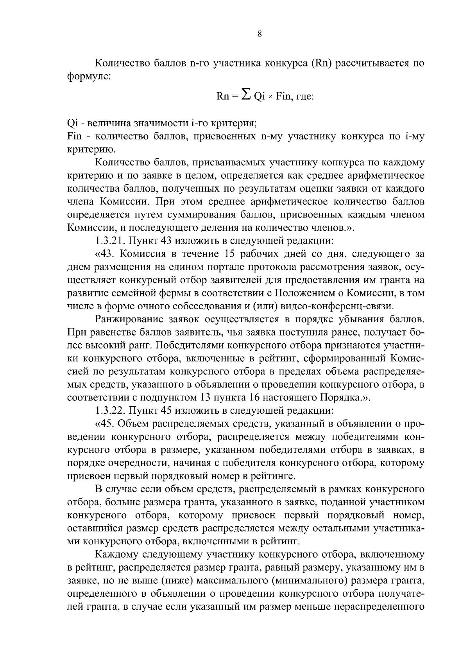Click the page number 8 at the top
point(260,34)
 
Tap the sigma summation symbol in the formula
point(246,94)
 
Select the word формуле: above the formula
point(90,76)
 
